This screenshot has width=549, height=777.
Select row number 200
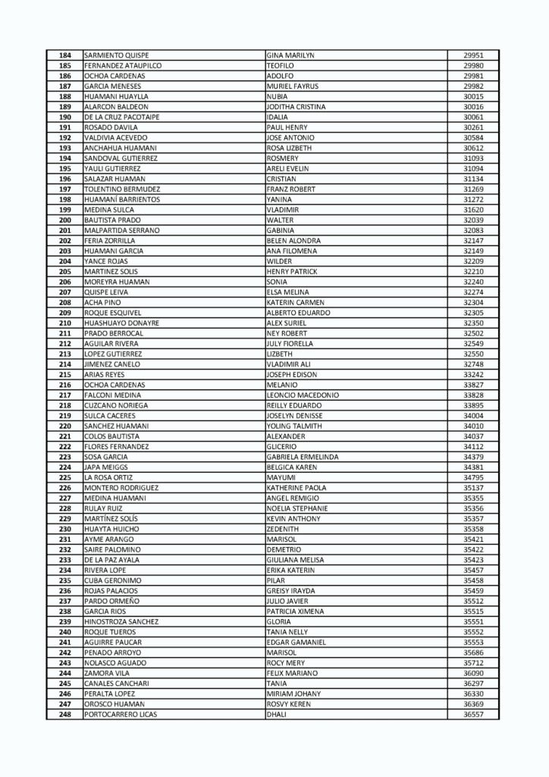[x=64, y=220]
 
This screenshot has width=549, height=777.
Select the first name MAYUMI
[x=280, y=477]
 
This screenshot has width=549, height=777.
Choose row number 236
[x=64, y=590]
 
